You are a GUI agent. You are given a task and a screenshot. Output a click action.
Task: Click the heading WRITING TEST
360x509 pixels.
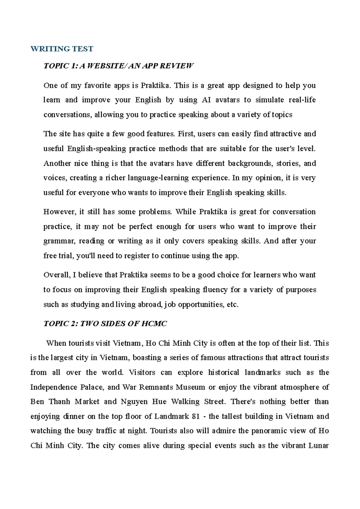(x=62, y=49)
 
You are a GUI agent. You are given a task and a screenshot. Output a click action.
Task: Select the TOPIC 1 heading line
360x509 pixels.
(x=118, y=66)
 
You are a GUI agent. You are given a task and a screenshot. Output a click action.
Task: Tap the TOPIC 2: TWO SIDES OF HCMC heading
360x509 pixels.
(x=105, y=324)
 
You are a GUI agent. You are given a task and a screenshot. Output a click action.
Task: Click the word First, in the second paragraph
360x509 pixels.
(x=186, y=134)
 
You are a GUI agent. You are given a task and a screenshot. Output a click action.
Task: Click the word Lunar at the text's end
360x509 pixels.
(x=319, y=445)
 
